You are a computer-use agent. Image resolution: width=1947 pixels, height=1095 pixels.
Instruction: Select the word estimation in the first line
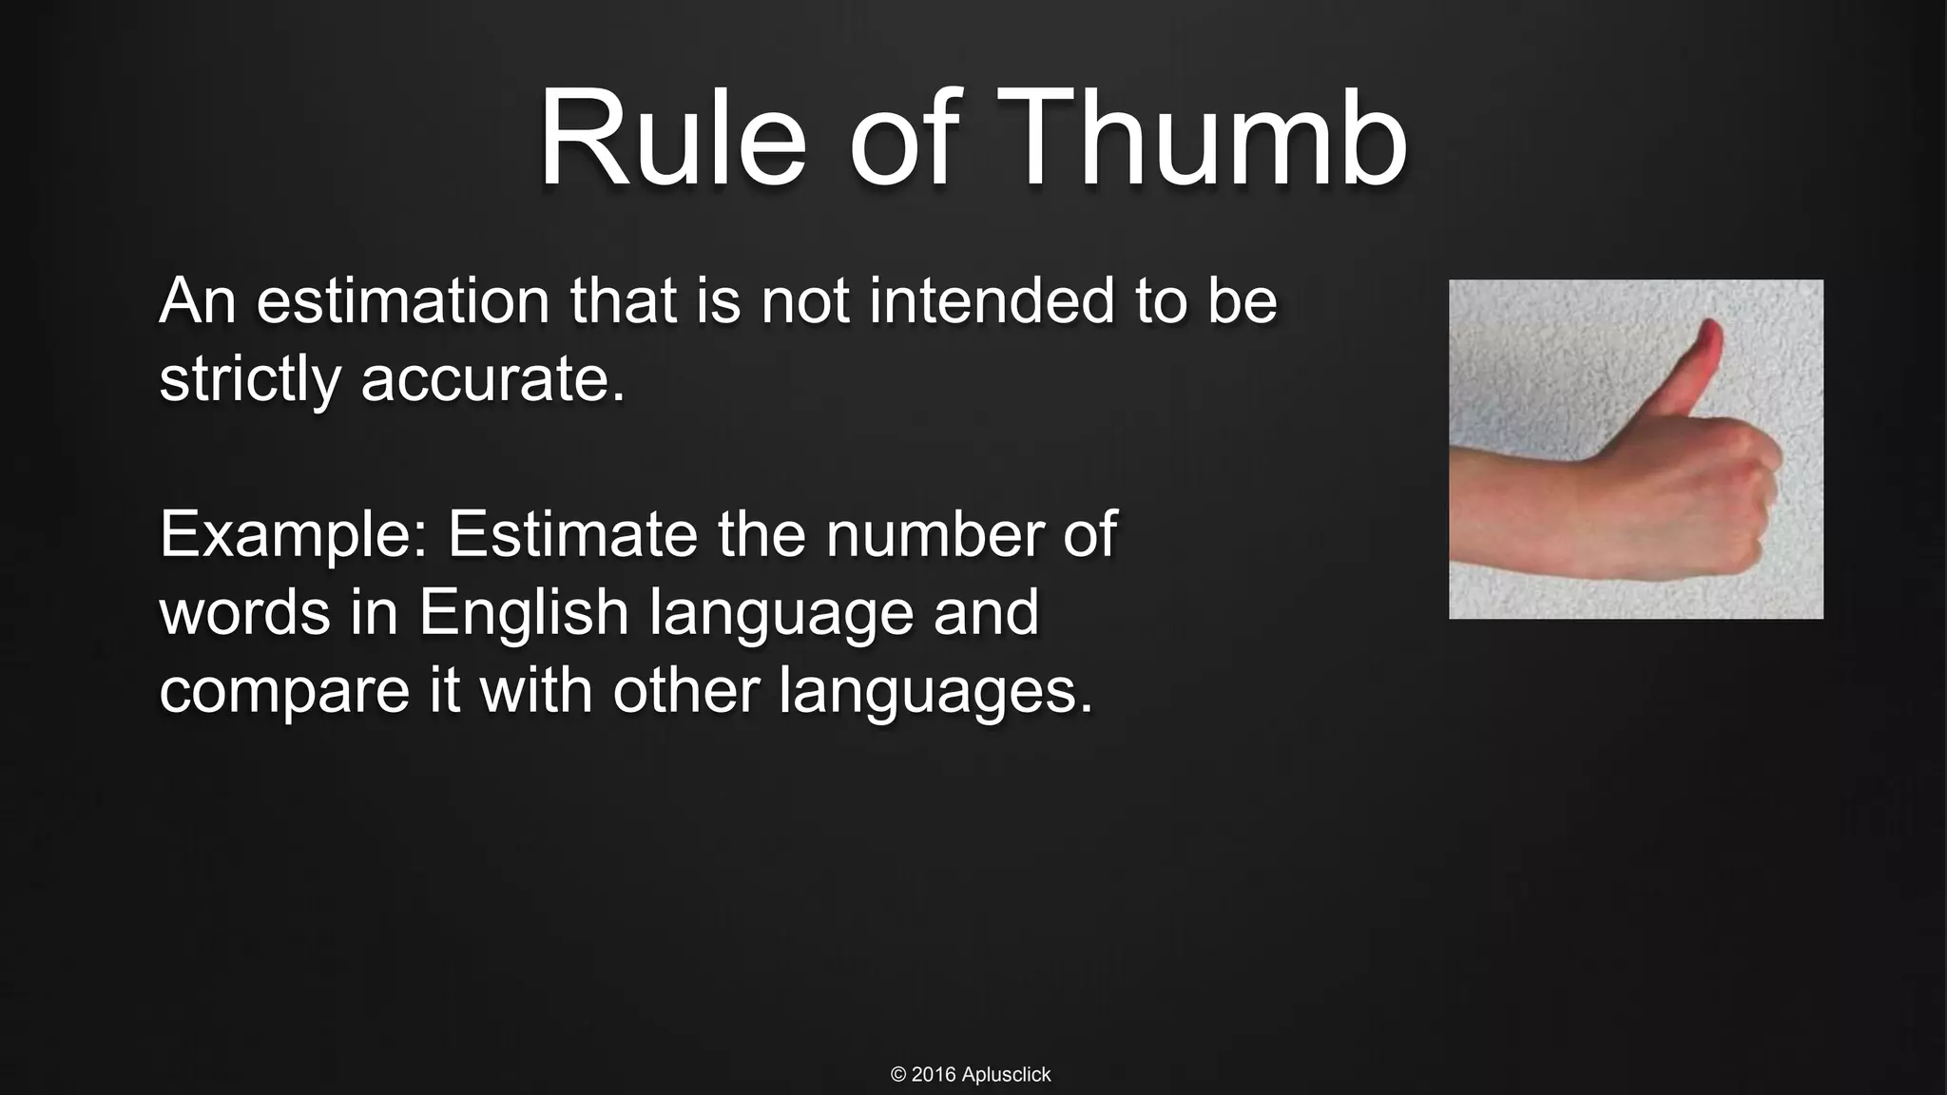tap(402, 301)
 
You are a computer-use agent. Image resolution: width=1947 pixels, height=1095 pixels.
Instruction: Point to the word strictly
tap(249, 379)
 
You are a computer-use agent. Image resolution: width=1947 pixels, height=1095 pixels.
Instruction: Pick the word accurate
tap(492, 379)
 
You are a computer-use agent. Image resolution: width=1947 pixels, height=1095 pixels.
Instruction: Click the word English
tap(524, 613)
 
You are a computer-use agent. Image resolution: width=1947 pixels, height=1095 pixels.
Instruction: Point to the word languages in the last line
tap(935, 691)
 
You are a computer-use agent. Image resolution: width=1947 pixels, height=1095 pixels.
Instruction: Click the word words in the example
tap(244, 613)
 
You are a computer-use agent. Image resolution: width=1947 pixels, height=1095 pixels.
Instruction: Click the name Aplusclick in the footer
tap(1006, 1075)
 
